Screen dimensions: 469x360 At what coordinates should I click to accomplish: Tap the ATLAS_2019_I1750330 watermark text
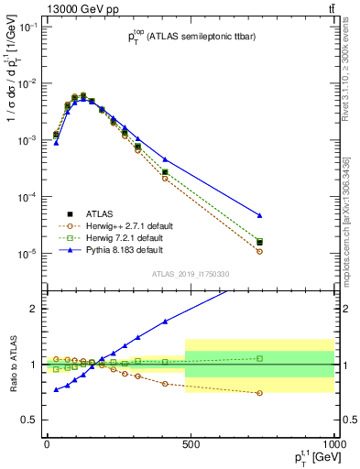click(191, 274)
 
